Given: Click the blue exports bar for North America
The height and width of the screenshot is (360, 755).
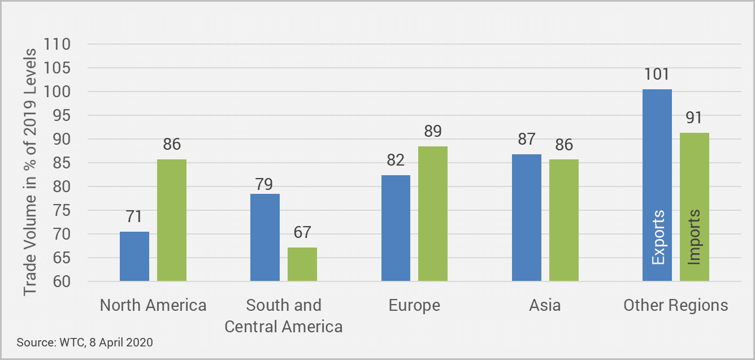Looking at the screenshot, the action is [134, 256].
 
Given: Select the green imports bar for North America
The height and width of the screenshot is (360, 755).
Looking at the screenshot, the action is [172, 220].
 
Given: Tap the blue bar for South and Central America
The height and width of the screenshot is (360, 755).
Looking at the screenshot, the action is [265, 237].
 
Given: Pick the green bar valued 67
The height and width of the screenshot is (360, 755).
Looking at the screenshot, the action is [302, 264].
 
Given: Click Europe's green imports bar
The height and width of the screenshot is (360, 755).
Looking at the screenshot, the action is [433, 214].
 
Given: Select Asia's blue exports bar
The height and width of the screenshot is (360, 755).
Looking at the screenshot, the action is [527, 218].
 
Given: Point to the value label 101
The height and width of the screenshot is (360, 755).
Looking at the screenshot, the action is [657, 74].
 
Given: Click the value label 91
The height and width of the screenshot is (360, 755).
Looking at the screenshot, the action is [694, 118].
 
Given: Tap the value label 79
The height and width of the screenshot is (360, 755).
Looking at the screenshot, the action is [264, 184].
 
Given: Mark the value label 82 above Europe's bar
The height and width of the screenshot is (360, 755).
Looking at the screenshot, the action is [396, 160].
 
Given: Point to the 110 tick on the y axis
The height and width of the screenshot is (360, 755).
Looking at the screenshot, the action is [57, 44].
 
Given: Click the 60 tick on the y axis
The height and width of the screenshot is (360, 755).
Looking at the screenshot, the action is [62, 281].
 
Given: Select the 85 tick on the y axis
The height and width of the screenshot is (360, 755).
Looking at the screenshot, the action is [62, 163].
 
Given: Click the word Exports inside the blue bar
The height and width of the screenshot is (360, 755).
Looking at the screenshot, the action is [658, 237].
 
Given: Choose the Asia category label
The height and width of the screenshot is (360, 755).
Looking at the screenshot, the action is [545, 305].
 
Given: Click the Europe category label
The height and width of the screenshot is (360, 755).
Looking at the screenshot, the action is [414, 306].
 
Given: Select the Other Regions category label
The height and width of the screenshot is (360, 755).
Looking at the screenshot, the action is [676, 305].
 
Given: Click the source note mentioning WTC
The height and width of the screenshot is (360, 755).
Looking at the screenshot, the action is [85, 342].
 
